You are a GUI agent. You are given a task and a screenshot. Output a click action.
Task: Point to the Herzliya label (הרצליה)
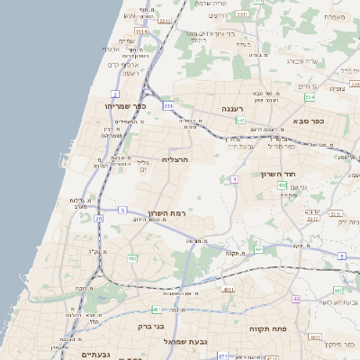click(x=175, y=159)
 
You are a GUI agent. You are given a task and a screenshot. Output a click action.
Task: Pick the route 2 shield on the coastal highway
click(x=115, y=94)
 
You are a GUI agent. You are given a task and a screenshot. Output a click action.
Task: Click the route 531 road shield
click(x=168, y=106)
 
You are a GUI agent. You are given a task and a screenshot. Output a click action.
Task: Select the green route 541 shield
click(x=241, y=120)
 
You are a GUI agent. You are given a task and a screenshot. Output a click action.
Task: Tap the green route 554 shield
click(x=310, y=97)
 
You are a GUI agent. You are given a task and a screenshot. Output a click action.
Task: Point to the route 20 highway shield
click(x=99, y=219)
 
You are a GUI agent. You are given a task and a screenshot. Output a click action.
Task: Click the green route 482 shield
click(x=132, y=259)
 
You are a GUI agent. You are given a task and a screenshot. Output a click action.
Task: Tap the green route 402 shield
click(x=283, y=185)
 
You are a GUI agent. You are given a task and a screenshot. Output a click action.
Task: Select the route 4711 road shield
click(x=221, y=355)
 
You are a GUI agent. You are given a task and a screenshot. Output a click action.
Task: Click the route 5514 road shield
click(x=142, y=33)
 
